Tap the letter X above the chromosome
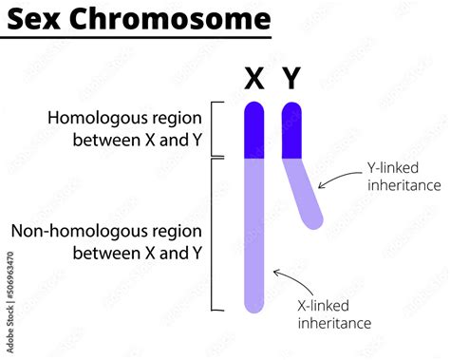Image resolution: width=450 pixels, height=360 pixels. (253, 79)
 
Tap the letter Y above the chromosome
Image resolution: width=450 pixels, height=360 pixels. (291, 79)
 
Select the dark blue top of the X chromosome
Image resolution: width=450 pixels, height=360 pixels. (253, 129)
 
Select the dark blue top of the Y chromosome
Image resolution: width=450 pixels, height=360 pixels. (291, 129)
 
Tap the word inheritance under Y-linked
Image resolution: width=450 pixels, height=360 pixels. (404, 184)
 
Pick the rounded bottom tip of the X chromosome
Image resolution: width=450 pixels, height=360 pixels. (253, 306)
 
